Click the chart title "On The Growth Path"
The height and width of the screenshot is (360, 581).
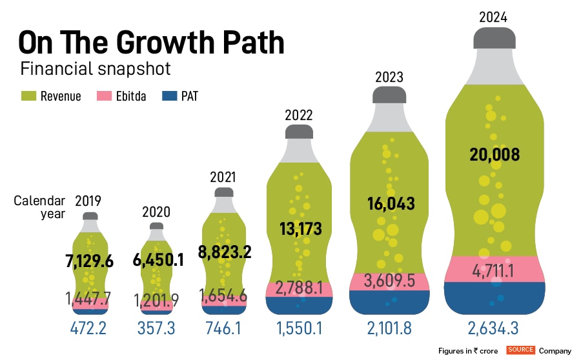pyautogui.click(x=151, y=44)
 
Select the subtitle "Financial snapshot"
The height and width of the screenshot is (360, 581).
pyautogui.click(x=96, y=68)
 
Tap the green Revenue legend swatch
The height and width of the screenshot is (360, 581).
pyautogui.click(x=28, y=96)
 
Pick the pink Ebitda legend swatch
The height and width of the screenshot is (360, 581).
pyautogui.click(x=105, y=96)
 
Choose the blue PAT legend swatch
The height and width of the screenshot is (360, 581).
pyautogui.click(x=168, y=96)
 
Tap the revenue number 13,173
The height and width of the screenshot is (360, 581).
pyautogui.click(x=300, y=228)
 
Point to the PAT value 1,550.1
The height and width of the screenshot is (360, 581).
pyautogui.click(x=300, y=328)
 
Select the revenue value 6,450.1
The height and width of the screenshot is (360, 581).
pyautogui.click(x=157, y=259)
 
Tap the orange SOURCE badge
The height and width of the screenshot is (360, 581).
pyautogui.click(x=520, y=350)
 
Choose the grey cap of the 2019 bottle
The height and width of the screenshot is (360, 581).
pyautogui.click(x=90, y=215)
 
